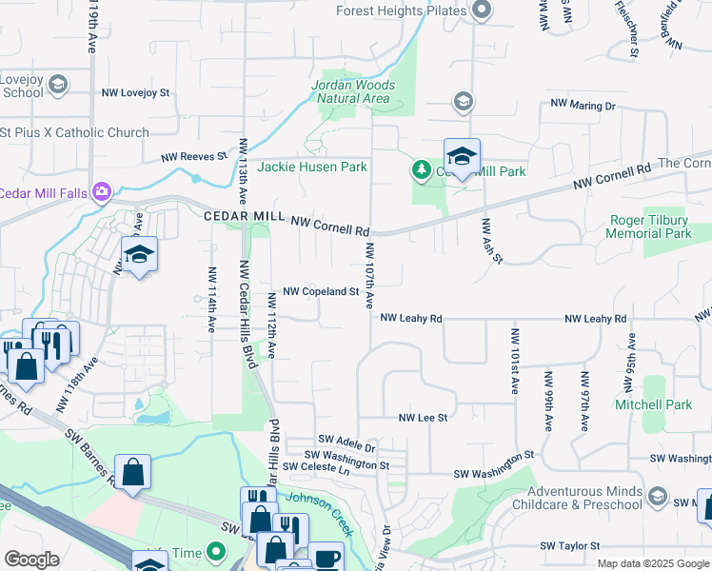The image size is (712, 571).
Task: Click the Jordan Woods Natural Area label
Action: coord(353,91)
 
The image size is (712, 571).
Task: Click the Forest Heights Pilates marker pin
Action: coord(481,11)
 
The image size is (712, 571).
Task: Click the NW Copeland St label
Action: coord(321,291)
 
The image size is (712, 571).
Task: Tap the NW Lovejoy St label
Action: coord(136,93)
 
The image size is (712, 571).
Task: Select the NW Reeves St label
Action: coord(194,156)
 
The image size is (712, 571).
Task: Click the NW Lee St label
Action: coord(423,417)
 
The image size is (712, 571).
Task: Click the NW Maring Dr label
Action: coord(583,106)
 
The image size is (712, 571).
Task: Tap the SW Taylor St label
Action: coord(570,546)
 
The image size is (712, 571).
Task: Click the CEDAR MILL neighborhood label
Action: coord(245,217)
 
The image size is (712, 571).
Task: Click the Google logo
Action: coord(31,560)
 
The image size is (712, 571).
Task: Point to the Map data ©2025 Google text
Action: coord(652,563)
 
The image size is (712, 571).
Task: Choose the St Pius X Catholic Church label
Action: coord(75,132)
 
